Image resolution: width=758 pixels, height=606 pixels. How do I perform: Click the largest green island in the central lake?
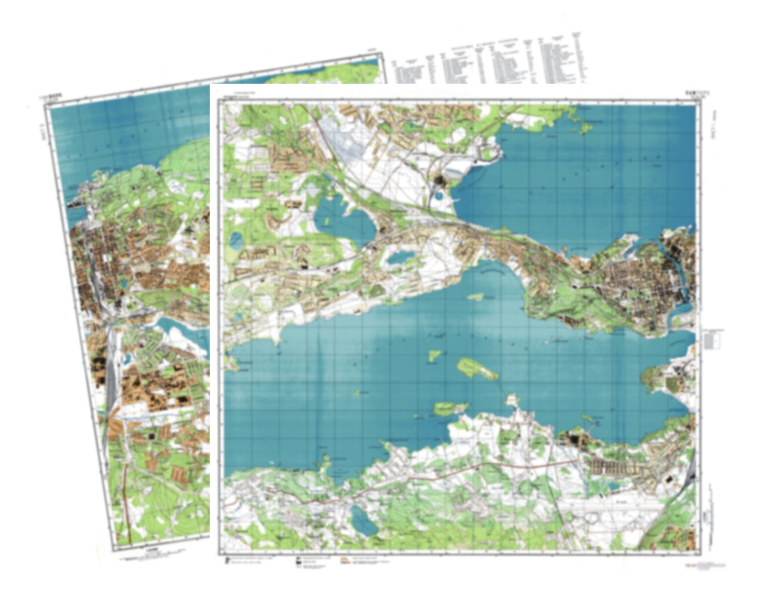(x=477, y=369)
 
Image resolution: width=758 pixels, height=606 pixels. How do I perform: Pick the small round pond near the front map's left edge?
(x=236, y=240)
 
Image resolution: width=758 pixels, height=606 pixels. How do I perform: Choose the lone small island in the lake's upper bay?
(x=475, y=297)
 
